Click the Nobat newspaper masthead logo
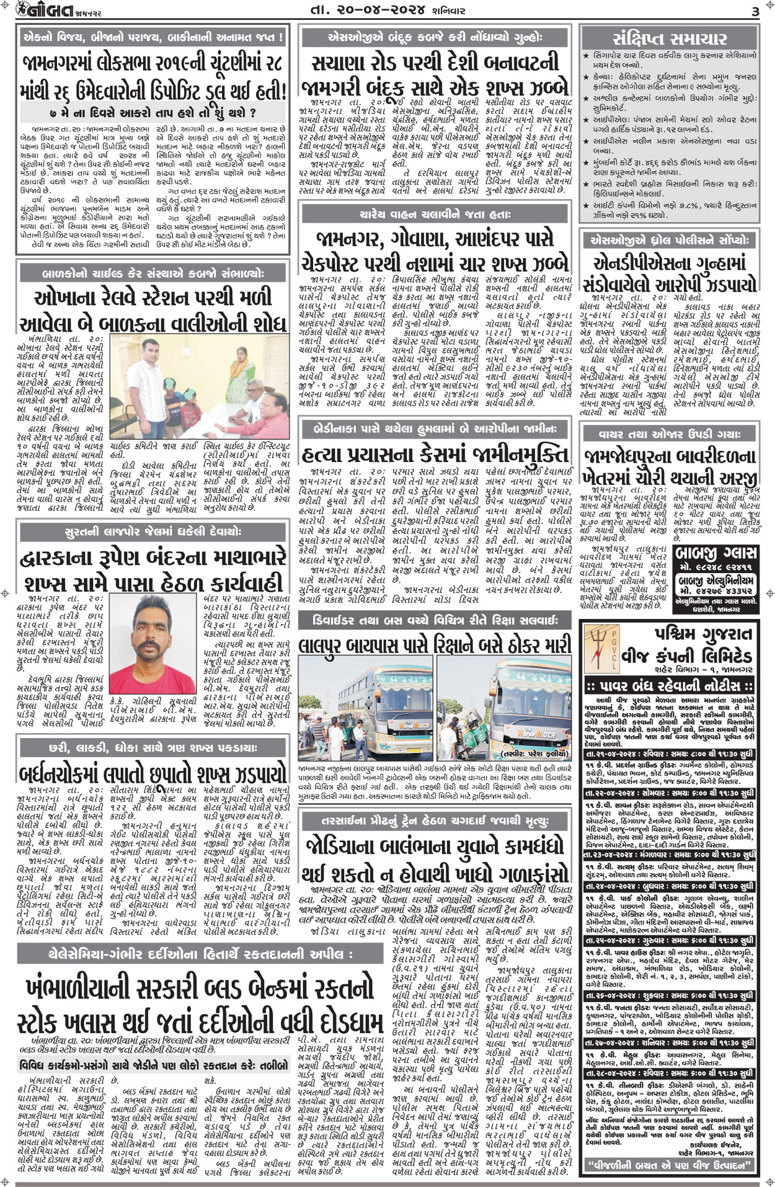coord(37,12)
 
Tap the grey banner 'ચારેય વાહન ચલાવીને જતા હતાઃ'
coord(434,215)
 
